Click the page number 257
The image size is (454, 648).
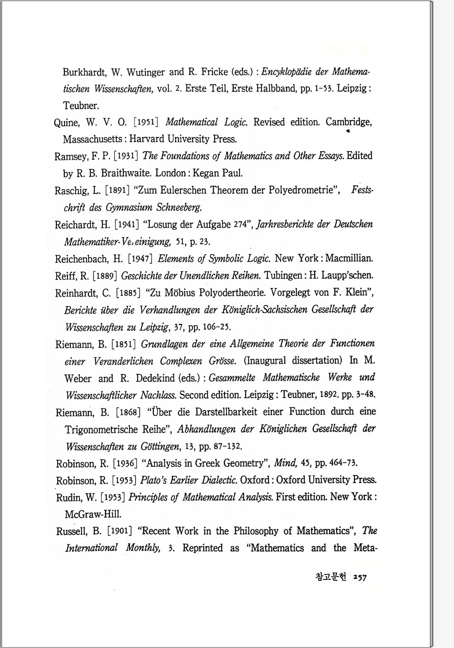coord(360,577)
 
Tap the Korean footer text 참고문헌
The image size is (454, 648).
coord(331,577)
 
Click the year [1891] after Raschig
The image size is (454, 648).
coord(117,190)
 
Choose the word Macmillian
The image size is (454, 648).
coord(349,258)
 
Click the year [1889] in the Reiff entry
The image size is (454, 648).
coord(105,276)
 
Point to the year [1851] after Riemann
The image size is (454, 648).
coord(124,344)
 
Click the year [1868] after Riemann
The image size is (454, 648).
coord(128,412)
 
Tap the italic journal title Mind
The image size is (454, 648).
coord(285,463)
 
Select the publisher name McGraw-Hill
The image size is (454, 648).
coord(93,514)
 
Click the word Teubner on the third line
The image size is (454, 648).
coord(81,105)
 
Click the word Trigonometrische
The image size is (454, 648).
coord(102,429)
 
